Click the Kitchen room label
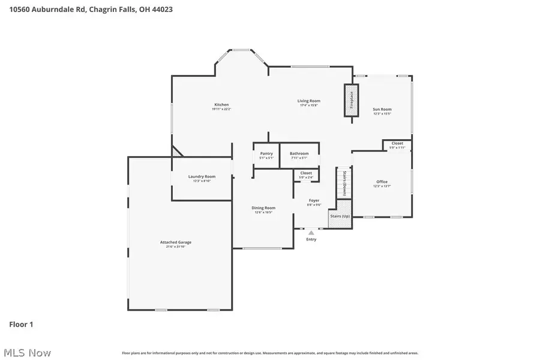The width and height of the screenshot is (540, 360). pyautogui.click(x=221, y=104)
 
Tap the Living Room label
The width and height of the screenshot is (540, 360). pyautogui.click(x=309, y=101)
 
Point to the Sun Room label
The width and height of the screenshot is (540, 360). pyautogui.click(x=382, y=109)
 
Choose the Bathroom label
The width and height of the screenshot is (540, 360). pyautogui.click(x=299, y=154)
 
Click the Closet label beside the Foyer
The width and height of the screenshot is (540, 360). pyautogui.click(x=306, y=173)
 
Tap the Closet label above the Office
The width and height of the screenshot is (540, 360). pyautogui.click(x=397, y=143)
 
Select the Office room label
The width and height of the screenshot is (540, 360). pyautogui.click(x=382, y=181)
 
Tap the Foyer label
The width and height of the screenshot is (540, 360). pyautogui.click(x=314, y=200)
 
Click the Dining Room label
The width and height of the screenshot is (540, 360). pyautogui.click(x=262, y=208)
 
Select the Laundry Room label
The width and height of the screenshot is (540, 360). pyautogui.click(x=202, y=176)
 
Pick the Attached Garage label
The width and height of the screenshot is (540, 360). pyautogui.click(x=175, y=242)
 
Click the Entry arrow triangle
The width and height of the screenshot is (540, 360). pyautogui.click(x=311, y=232)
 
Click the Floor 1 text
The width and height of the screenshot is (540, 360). pyautogui.click(x=21, y=325)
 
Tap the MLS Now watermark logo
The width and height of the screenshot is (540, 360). pyautogui.click(x=27, y=353)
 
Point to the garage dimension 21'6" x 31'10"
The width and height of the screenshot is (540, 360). pyautogui.click(x=175, y=247)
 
